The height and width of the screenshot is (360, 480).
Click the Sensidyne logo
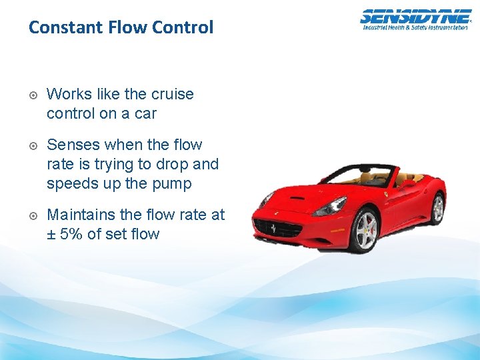point(415,17)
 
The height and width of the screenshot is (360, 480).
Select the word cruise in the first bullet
point(172,94)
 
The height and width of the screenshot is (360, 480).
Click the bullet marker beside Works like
point(33,95)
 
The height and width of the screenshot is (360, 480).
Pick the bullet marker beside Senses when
point(33,145)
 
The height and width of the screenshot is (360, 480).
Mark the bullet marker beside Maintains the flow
point(33,215)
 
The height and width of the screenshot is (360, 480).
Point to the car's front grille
point(278,229)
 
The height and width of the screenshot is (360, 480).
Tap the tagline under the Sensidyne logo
point(415,27)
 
